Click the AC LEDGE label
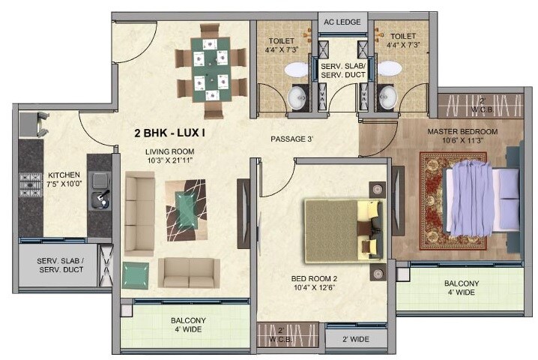pyautogui.click(x=343, y=22)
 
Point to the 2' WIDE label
pyautogui.click(x=357, y=340)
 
